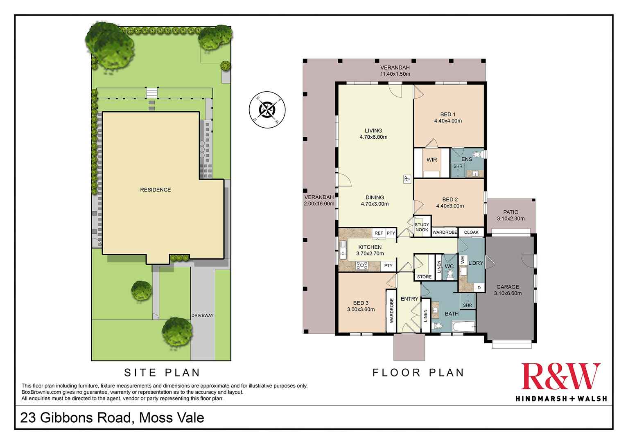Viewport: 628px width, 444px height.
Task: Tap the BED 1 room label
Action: pyautogui.click(x=447, y=115)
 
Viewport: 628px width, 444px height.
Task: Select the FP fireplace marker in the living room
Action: pyautogui.click(x=407, y=179)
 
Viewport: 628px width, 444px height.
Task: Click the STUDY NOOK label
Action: pyautogui.click(x=422, y=227)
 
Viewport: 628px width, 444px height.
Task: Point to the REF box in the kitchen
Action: pyautogui.click(x=379, y=233)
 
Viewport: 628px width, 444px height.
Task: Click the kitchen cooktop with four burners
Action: pyautogui.click(x=362, y=266)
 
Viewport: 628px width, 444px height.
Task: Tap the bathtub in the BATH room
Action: pyautogui.click(x=463, y=326)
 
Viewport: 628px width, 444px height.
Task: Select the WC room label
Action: pyautogui.click(x=449, y=266)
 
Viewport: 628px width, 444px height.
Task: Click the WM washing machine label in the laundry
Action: pyautogui.click(x=462, y=259)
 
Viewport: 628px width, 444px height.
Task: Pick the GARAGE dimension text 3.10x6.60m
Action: pyautogui.click(x=508, y=293)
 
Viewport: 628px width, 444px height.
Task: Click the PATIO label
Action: pyautogui.click(x=511, y=212)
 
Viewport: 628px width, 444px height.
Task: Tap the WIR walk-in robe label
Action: pyautogui.click(x=431, y=160)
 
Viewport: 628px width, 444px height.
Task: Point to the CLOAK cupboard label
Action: pyautogui.click(x=471, y=232)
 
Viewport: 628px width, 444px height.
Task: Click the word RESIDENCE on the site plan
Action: pyautogui.click(x=156, y=190)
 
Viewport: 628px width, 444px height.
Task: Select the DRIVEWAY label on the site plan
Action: pyautogui.click(x=203, y=316)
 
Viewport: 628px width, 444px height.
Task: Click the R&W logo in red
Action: pyautogui.click(x=560, y=376)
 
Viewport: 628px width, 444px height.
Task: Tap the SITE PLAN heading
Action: pyautogui.click(x=162, y=372)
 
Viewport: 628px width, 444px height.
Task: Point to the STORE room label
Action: pyautogui.click(x=424, y=277)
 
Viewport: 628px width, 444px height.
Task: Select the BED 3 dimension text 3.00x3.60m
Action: pyautogui.click(x=361, y=309)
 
